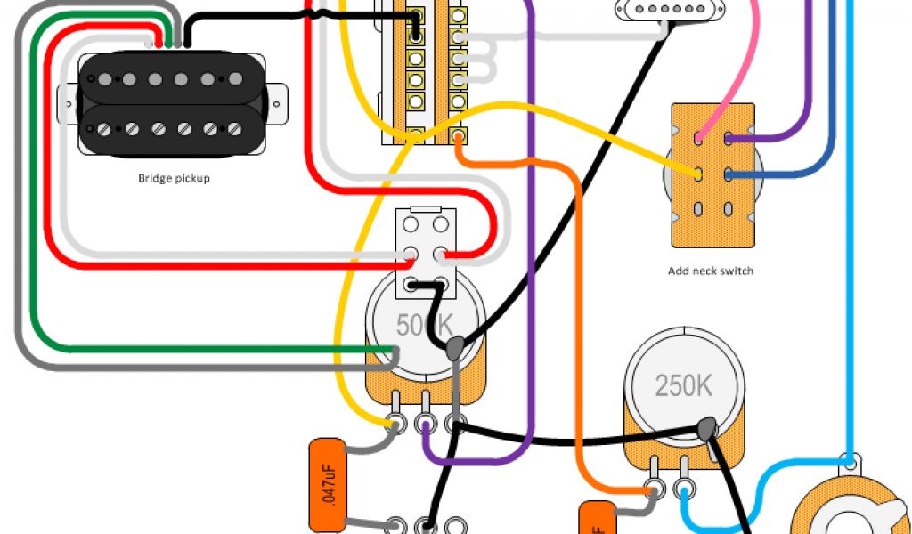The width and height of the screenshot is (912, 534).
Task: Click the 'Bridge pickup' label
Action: point(174,178)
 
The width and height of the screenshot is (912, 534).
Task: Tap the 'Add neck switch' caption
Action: point(710,271)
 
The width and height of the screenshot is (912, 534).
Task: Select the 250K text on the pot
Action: point(683,386)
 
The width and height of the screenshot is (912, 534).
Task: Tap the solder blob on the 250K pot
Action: point(709,429)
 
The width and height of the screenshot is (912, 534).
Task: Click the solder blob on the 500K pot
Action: point(455,348)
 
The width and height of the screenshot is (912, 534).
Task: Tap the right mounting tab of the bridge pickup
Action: point(280,103)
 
